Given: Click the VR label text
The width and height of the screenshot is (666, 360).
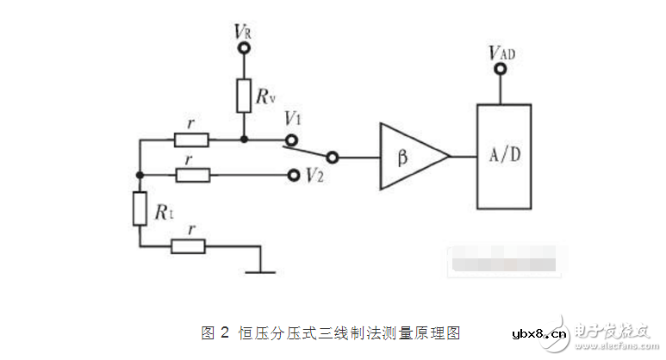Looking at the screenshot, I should coord(243,31).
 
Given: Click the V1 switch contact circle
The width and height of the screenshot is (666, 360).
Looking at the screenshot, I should coord(292,140).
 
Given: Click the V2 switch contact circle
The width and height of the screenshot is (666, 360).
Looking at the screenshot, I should coord(292,174).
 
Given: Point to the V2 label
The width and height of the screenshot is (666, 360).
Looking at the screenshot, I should coord(314,175).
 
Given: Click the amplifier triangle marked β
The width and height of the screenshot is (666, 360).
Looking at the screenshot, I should coord(410,157).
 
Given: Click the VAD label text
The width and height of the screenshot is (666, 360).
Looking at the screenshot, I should coord(501,53).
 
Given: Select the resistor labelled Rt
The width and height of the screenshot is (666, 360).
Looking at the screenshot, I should coord(140,209).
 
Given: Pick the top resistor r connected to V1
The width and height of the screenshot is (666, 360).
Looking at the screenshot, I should coord(190,140).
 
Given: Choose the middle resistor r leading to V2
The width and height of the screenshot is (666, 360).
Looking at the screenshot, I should coord(190,175).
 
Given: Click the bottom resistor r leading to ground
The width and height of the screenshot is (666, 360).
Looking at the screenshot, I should coord(188,246).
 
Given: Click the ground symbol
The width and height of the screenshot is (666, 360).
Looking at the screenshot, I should coord(259,270).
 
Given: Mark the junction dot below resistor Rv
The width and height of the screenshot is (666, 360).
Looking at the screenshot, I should coord(244,140).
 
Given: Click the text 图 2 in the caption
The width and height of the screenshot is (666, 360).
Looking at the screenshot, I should coord(215,332).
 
